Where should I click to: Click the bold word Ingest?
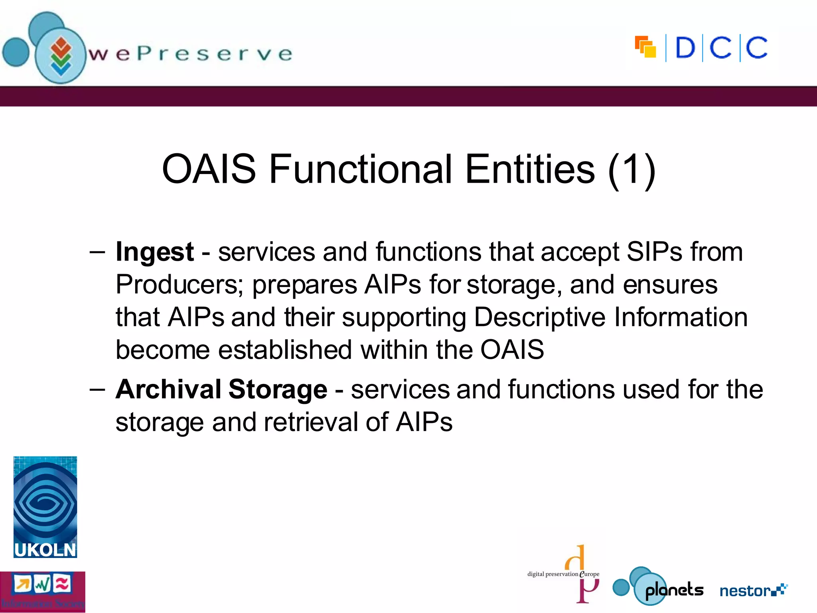tap(154, 253)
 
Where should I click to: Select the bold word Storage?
tap(278, 390)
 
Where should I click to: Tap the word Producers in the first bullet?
tap(179, 285)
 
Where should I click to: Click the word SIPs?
tap(654, 252)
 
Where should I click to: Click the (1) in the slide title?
tap(632, 169)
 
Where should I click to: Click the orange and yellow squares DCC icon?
tap(645, 47)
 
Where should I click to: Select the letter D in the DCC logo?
tap(685, 48)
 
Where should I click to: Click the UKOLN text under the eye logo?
tap(45, 550)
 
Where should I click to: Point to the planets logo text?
tap(674, 590)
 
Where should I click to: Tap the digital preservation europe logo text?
tap(562, 574)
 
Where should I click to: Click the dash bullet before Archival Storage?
tap(97, 389)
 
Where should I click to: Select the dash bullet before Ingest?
tap(97, 252)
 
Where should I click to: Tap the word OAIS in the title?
tap(209, 169)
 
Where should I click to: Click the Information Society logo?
tap(42, 592)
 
